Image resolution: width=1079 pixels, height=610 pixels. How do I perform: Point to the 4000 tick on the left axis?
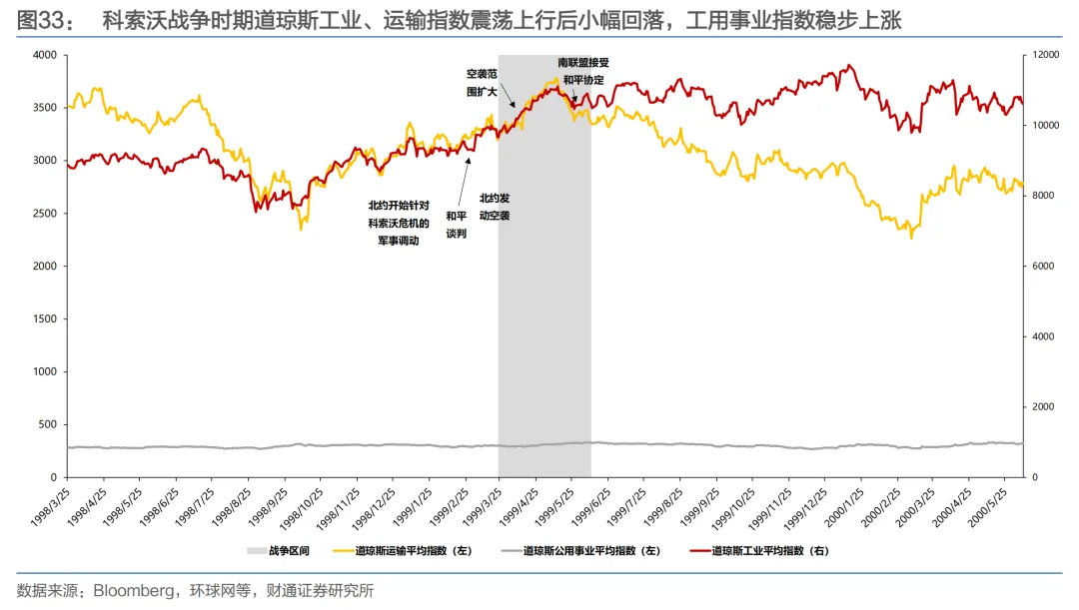click(45, 55)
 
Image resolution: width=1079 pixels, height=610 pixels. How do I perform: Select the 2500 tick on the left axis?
click(45, 214)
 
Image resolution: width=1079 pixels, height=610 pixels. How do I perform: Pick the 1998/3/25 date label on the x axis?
click(50, 507)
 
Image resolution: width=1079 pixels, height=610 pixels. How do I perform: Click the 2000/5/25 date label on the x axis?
click(987, 507)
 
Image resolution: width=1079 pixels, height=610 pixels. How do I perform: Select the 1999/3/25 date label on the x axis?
click(484, 507)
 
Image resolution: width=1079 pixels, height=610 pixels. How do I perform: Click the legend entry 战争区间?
click(278, 551)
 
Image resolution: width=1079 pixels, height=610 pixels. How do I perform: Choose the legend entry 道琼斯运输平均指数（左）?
click(403, 551)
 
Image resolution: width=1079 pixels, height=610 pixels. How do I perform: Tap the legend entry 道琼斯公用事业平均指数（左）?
click(581, 551)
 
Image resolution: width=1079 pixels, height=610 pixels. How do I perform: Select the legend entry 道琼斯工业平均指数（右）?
click(759, 551)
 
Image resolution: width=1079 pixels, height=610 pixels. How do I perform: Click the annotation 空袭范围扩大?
click(482, 83)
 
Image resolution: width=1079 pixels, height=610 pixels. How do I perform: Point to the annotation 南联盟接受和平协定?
click(583, 72)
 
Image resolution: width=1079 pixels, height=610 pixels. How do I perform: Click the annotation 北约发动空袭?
click(495, 207)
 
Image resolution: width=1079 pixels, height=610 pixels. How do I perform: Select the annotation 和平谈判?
click(457, 225)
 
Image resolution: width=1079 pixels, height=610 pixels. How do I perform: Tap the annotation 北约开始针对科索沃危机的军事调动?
click(399, 224)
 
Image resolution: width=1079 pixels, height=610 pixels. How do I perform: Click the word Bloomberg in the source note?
click(134, 591)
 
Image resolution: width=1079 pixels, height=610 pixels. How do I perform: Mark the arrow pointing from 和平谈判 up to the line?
click(465, 182)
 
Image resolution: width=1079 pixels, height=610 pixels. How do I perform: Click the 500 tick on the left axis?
click(48, 424)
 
